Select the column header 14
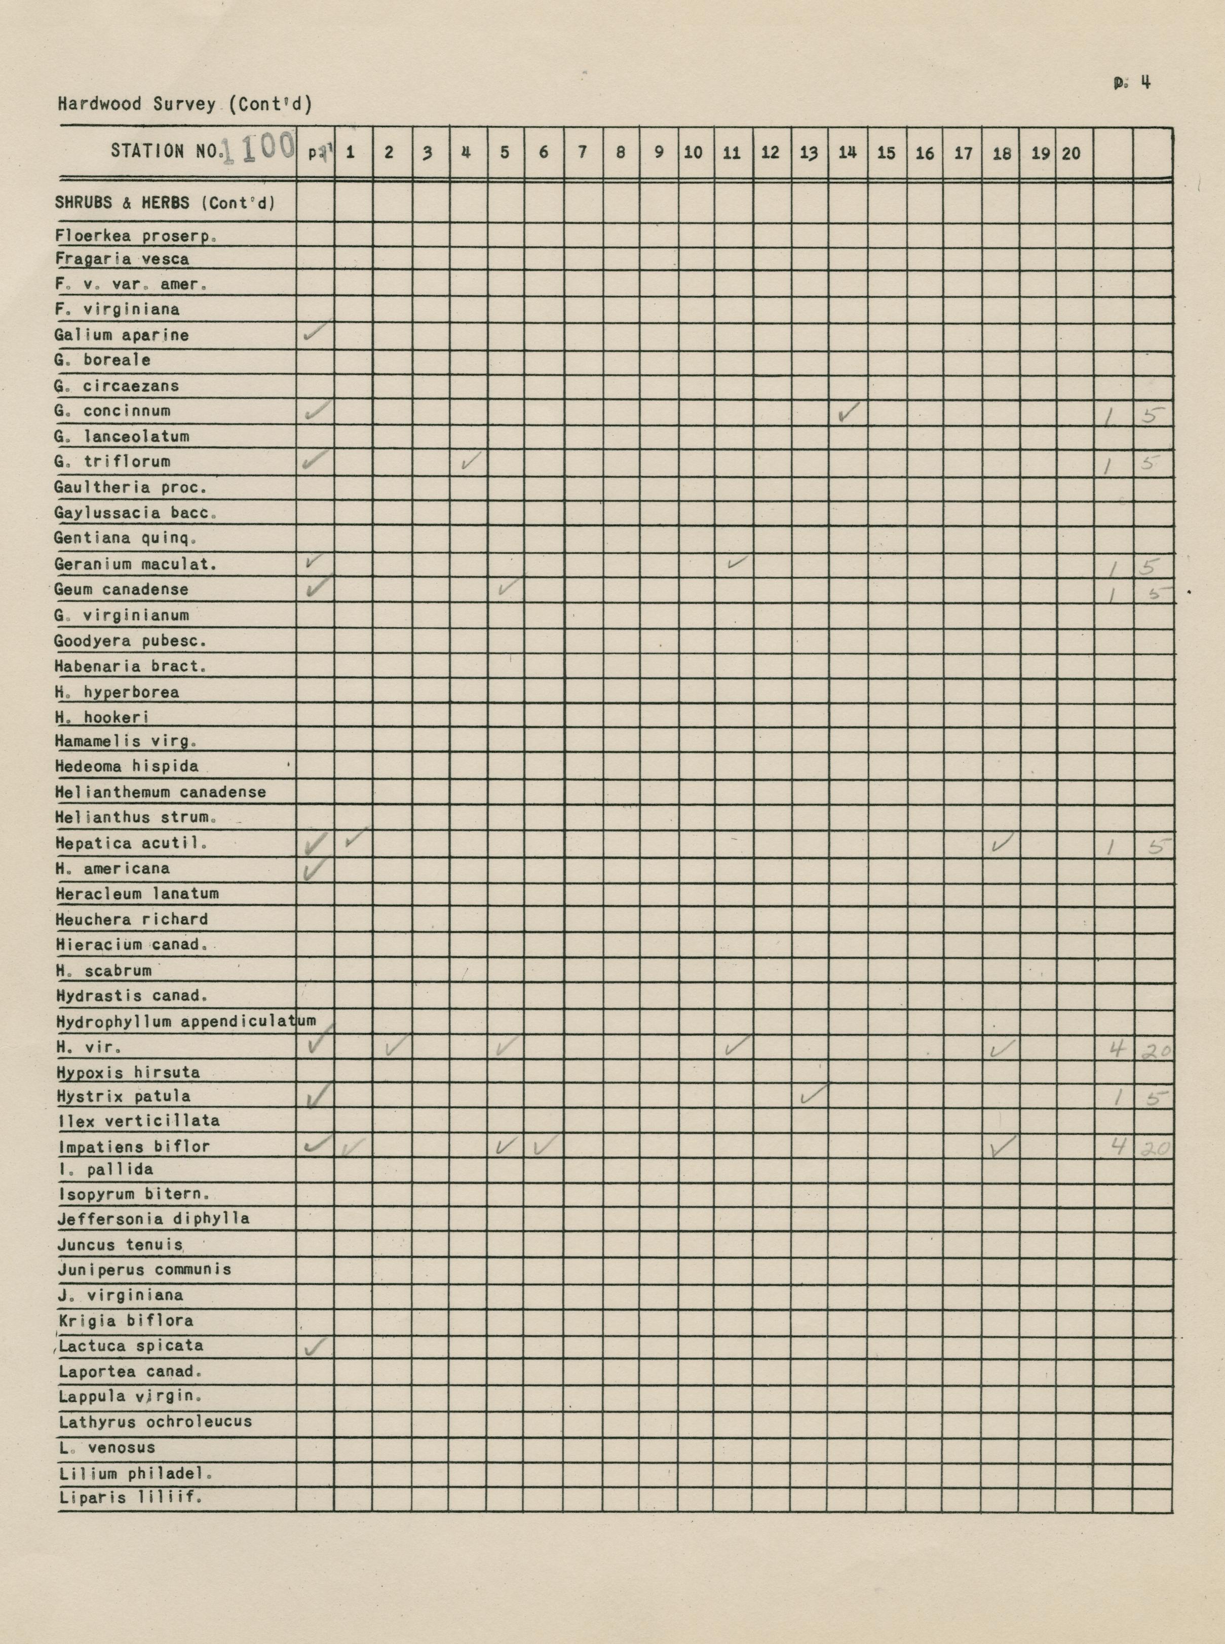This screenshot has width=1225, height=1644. coord(847,153)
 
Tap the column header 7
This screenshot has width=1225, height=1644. coord(583,153)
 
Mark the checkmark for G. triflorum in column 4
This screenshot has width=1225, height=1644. coord(470,462)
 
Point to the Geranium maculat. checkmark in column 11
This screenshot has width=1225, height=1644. coord(736,563)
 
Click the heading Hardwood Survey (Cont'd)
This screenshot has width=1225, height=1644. coord(184,104)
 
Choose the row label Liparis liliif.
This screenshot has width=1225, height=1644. coord(131,1497)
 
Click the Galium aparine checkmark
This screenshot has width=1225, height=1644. coord(316,334)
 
